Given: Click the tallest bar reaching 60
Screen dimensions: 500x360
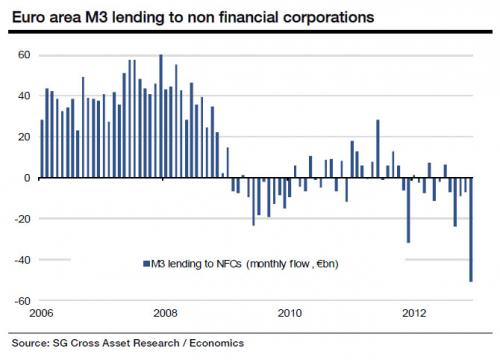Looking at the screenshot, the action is (x=161, y=116).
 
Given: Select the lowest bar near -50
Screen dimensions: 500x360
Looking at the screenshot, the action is (x=471, y=230).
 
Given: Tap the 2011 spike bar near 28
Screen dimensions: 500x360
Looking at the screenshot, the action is (x=378, y=149).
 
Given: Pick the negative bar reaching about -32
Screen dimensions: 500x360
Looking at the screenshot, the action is (x=409, y=210).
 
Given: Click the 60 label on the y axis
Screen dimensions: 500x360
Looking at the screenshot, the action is (x=24, y=55).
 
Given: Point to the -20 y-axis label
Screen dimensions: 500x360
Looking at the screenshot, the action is (x=22, y=219).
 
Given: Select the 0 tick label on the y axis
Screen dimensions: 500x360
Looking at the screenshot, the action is (x=27, y=178).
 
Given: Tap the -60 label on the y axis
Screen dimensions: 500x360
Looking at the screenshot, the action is (x=22, y=301).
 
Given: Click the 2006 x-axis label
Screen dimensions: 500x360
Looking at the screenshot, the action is (x=41, y=313).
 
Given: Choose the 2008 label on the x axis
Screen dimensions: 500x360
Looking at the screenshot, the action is (x=165, y=313).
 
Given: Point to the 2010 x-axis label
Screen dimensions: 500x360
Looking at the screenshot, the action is (x=290, y=313).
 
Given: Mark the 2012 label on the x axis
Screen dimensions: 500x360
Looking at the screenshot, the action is (x=414, y=313).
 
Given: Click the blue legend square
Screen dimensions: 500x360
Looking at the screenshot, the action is (x=146, y=264).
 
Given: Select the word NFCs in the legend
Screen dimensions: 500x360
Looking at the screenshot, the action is (x=229, y=264).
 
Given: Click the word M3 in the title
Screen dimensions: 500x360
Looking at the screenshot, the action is (x=97, y=17).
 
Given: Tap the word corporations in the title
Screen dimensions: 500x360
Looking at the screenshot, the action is (x=329, y=18).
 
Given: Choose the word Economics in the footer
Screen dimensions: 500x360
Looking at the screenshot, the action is (x=217, y=343).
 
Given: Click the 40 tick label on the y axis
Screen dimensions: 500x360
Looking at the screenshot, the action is (x=24, y=96).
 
